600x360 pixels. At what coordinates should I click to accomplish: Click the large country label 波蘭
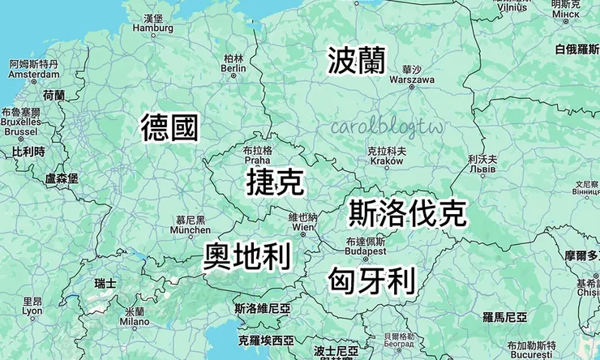point(357,60)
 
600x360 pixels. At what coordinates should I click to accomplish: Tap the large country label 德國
point(169,127)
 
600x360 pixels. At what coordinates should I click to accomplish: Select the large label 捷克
point(276,182)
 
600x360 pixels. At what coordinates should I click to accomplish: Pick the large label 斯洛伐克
point(407,213)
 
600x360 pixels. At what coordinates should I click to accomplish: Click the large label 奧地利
point(247,257)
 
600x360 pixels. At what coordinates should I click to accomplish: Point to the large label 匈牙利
point(372,281)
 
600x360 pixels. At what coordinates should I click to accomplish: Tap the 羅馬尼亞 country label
point(504,315)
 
